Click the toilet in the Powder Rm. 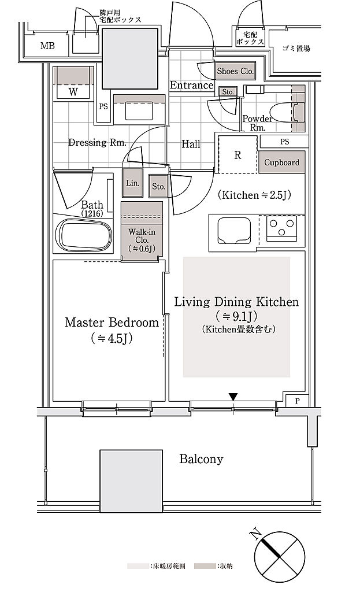(x=283, y=113)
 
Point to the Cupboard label (x=281, y=162)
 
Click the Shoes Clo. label (x=235, y=71)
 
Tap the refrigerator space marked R (x=237, y=154)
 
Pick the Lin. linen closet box (x=133, y=183)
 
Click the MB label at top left (x=47, y=46)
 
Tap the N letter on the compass (x=256, y=534)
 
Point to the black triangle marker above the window (x=233, y=397)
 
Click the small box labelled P (x=298, y=401)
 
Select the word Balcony (x=201, y=459)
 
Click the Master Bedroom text (x=112, y=323)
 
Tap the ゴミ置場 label (x=296, y=49)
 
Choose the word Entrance (x=192, y=86)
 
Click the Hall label (x=191, y=144)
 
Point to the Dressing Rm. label (x=97, y=142)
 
